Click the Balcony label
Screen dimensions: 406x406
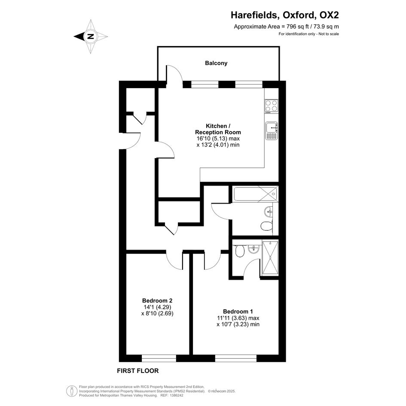pyautogui.click(x=216, y=63)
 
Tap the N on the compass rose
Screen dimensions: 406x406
pyautogui.click(x=91, y=37)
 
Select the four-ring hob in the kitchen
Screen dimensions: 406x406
pyautogui.click(x=271, y=106)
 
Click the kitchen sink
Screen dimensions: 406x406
pyautogui.click(x=272, y=131)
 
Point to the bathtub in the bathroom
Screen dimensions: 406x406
pyautogui.click(x=255, y=194)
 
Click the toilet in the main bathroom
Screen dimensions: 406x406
pyautogui.click(x=266, y=226)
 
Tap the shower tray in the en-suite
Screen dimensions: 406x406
pyautogui.click(x=270, y=258)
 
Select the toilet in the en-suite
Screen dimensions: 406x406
pyautogui.click(x=240, y=251)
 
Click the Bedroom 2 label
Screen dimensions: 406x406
pyautogui.click(x=157, y=301)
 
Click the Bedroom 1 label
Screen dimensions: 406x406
pyautogui.click(x=238, y=311)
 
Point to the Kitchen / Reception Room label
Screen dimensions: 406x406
pyautogui.click(x=218, y=129)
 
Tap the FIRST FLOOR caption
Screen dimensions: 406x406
pyautogui.click(x=138, y=371)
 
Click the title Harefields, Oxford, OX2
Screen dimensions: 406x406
pyautogui.click(x=285, y=15)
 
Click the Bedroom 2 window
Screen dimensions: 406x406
pyautogui.click(x=159, y=358)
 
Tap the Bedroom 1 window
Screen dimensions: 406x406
pyautogui.click(x=235, y=358)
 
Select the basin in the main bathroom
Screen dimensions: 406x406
pyautogui.click(x=269, y=211)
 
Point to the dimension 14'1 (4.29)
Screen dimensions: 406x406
pyautogui.click(x=157, y=307)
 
